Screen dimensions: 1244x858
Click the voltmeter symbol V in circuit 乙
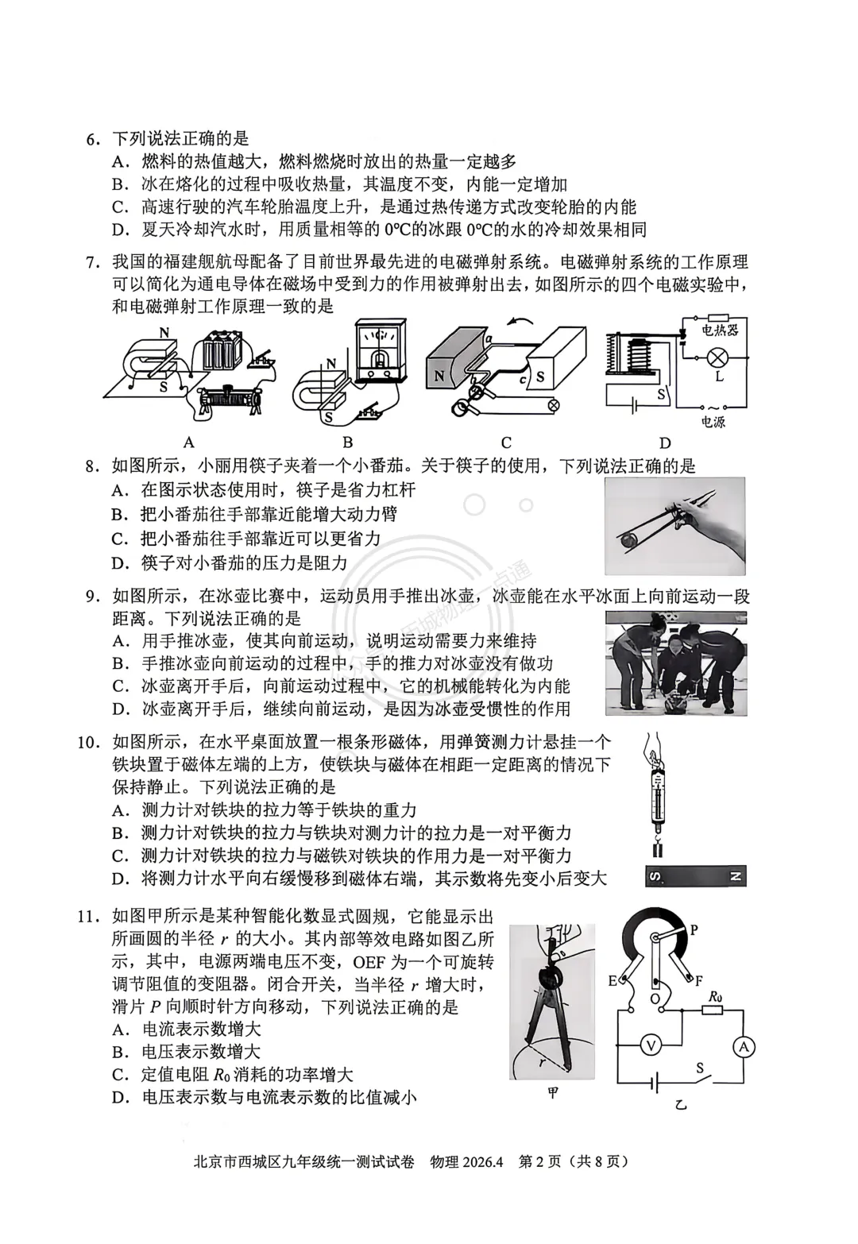point(651,1046)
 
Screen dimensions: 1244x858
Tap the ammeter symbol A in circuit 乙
point(744,1047)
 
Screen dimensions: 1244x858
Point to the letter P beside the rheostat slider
point(693,929)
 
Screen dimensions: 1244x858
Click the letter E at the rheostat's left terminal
point(613,980)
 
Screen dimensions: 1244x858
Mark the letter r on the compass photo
point(540,1060)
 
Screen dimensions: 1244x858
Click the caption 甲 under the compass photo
point(553,1093)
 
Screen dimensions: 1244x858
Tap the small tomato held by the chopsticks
point(629,539)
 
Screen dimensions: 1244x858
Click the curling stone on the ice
point(673,703)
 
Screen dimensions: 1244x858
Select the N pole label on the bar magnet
point(734,877)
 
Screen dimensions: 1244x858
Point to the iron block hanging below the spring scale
point(657,851)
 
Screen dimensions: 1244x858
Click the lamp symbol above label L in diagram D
point(717,357)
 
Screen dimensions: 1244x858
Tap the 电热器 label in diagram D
point(720,329)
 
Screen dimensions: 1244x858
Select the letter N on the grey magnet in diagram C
point(439,377)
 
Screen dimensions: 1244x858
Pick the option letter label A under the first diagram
point(188,442)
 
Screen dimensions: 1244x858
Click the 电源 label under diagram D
point(713,422)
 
